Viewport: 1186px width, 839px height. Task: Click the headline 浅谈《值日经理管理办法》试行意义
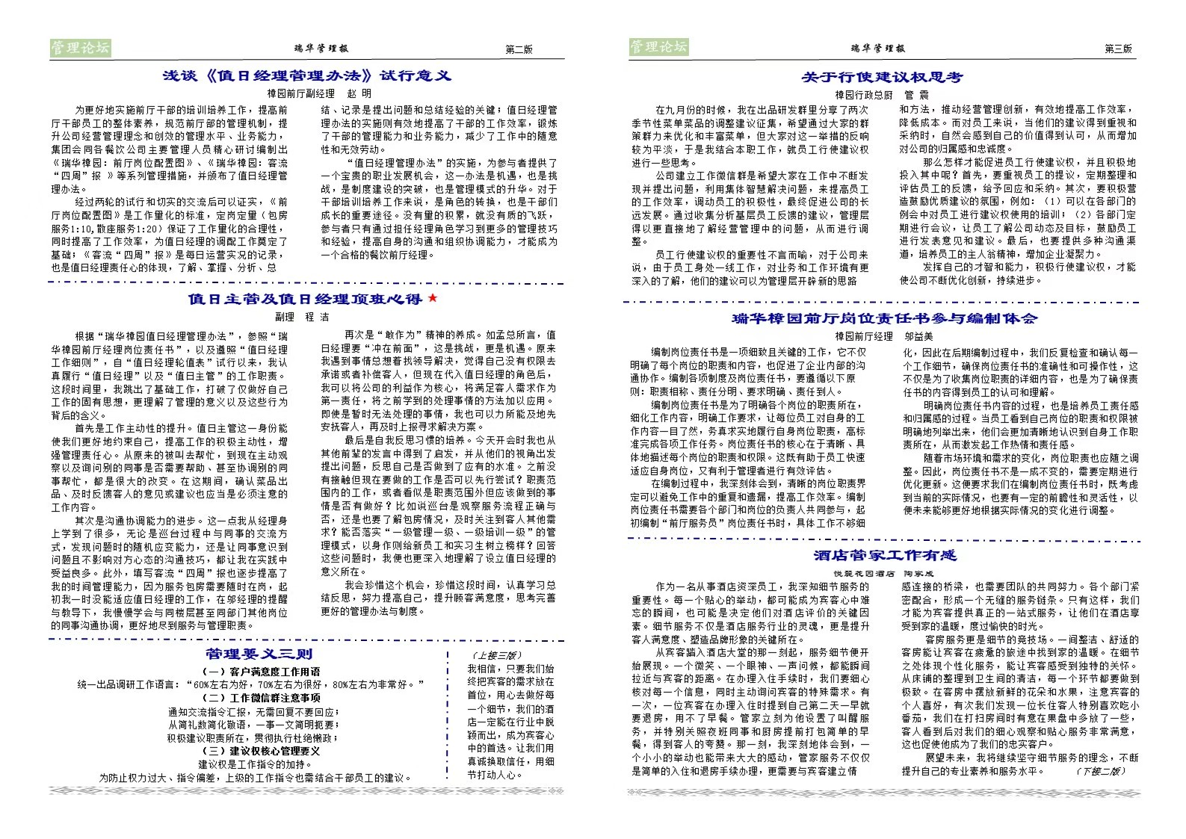[x=306, y=75]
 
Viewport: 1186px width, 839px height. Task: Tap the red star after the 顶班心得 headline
[x=431, y=299]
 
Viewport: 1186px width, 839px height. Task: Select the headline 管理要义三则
[x=254, y=654]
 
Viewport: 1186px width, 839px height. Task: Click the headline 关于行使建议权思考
[x=882, y=77]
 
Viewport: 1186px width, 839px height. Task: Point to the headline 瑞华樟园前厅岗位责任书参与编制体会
[x=884, y=318]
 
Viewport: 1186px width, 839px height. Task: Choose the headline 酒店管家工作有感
[x=885, y=555]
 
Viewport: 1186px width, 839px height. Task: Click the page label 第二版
[x=519, y=49]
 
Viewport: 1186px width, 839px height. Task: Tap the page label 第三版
[x=1118, y=49]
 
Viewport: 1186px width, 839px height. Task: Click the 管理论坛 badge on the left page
[x=80, y=48]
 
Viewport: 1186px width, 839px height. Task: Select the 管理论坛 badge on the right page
[x=658, y=47]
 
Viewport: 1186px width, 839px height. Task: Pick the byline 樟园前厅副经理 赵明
[x=319, y=94]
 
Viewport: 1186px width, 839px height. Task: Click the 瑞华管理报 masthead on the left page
[x=321, y=49]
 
